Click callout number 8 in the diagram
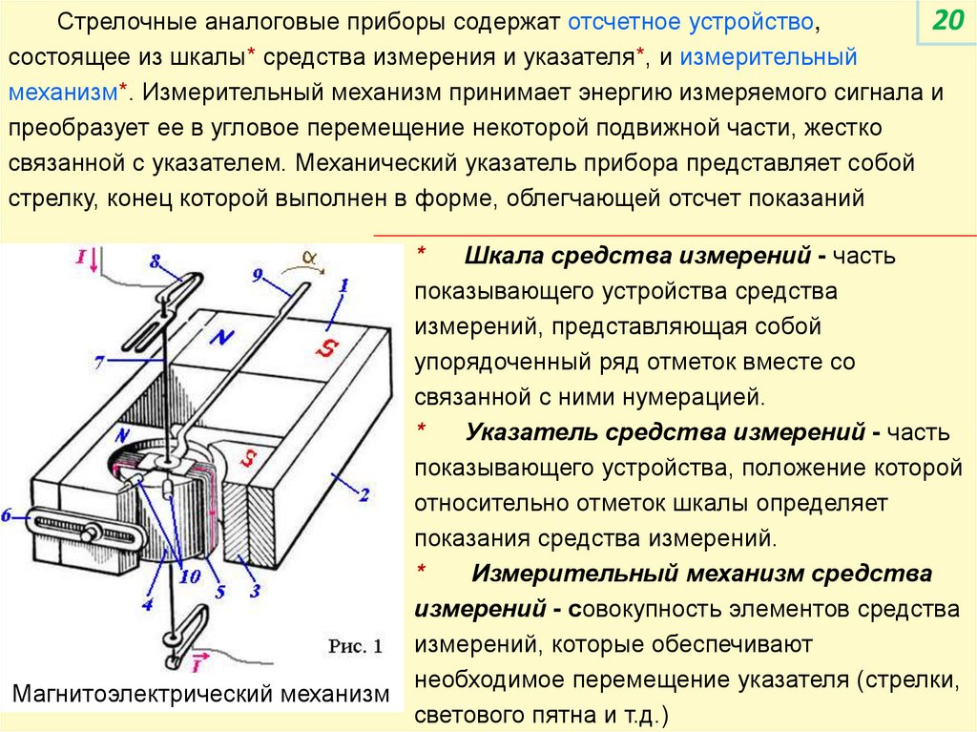(155, 260)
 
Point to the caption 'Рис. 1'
(355, 646)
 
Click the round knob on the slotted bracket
(92, 533)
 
